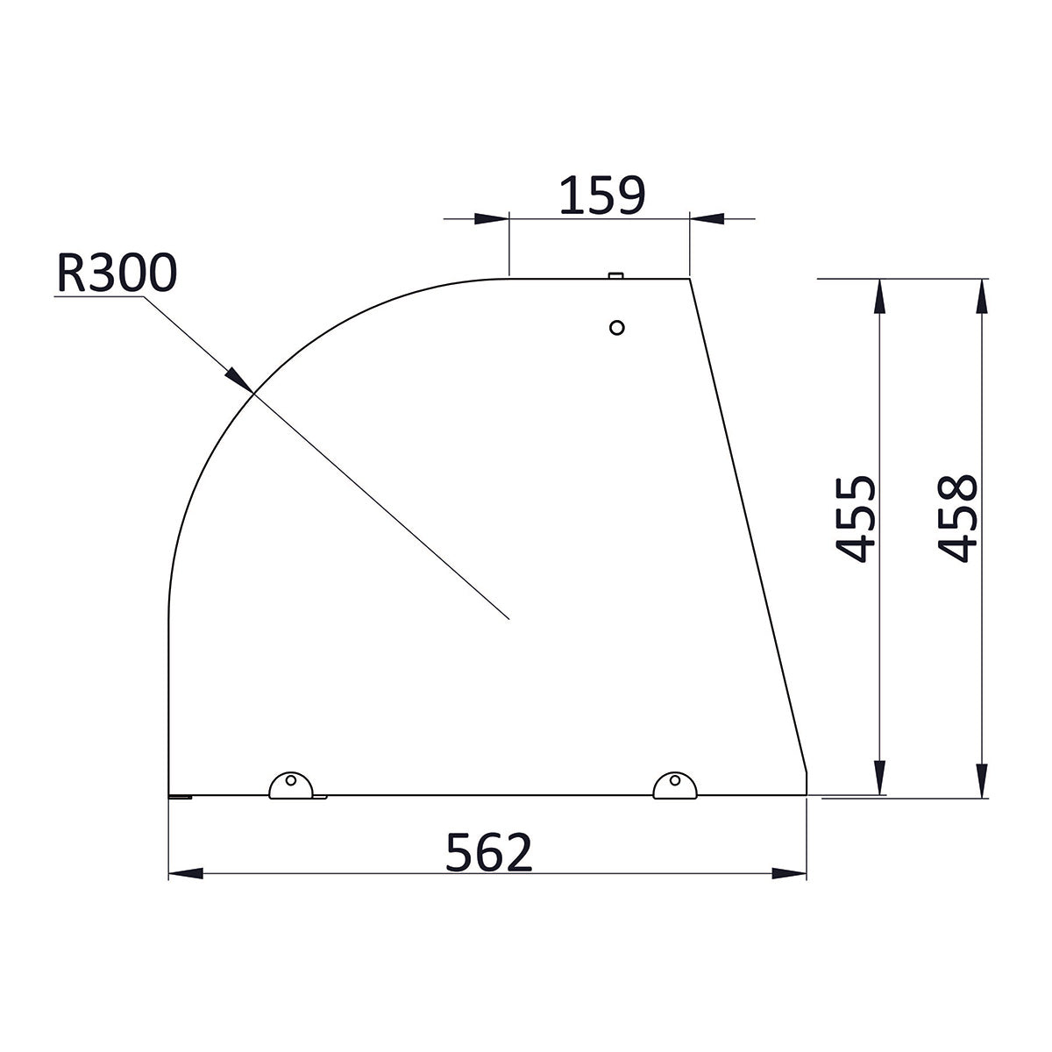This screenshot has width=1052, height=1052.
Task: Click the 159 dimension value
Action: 601,195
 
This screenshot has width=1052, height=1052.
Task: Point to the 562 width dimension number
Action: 488,852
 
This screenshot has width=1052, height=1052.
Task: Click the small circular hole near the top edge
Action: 616,328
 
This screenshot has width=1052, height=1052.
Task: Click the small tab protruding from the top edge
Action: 615,275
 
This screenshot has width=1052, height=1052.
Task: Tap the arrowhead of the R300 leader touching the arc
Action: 240,380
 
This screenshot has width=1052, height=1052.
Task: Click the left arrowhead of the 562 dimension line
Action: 184,873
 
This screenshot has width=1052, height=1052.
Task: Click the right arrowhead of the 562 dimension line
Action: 789,873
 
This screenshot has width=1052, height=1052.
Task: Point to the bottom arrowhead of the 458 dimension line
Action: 982,780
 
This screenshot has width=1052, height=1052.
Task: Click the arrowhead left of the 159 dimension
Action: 492,218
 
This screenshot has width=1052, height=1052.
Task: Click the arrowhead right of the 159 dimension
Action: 706,218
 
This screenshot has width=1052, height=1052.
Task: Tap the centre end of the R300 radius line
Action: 509,620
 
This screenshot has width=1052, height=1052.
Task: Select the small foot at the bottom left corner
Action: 180,796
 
